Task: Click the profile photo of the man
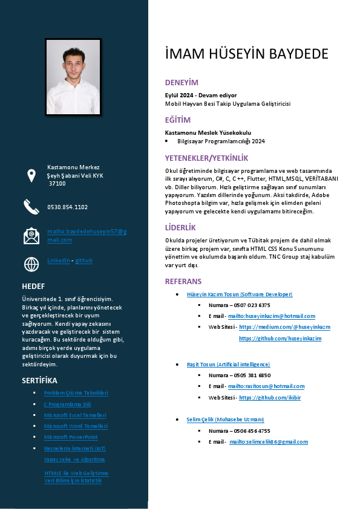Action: click(x=73, y=77)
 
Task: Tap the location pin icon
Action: click(x=31, y=175)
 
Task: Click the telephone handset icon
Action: click(x=31, y=207)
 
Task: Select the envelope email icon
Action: click(x=31, y=236)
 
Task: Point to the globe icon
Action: click(x=31, y=264)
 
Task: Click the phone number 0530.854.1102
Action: click(x=68, y=207)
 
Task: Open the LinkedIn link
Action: click(x=58, y=261)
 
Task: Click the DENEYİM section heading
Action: click(x=182, y=82)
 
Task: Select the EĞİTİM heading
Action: click(x=178, y=120)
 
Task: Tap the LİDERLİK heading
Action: click(x=180, y=227)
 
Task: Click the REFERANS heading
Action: click(x=183, y=282)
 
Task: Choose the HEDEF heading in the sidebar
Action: click(x=33, y=286)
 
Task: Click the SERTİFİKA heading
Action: click(x=39, y=380)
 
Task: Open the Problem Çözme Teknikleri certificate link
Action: click(x=76, y=394)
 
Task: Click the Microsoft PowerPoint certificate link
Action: click(x=71, y=437)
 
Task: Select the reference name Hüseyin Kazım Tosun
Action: click(x=240, y=294)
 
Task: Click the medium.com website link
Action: click(x=284, y=327)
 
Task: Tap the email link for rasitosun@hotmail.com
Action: click(x=266, y=386)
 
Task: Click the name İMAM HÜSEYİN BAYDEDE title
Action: click(x=247, y=54)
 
